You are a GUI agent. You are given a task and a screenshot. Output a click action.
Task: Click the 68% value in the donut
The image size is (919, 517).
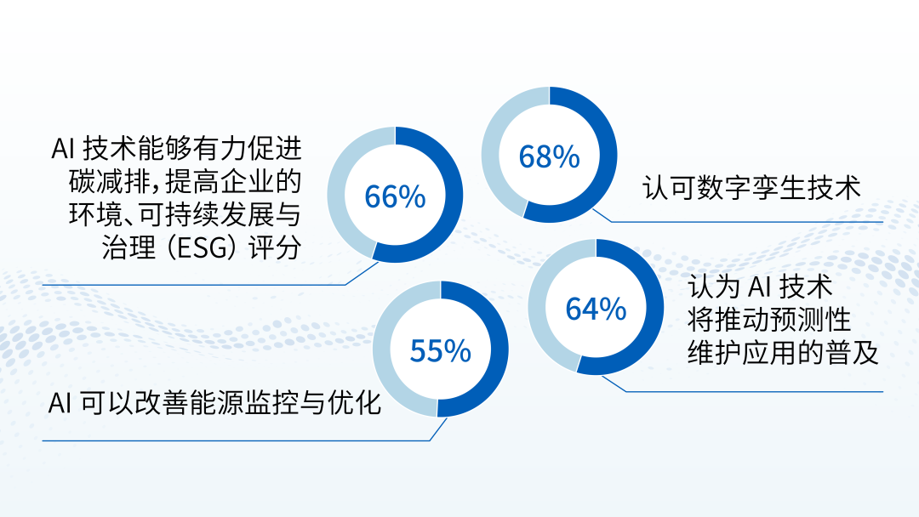point(549,157)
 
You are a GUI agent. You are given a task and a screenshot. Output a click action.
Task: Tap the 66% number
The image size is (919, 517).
point(395,196)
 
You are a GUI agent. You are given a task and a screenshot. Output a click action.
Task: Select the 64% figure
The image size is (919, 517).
point(596,310)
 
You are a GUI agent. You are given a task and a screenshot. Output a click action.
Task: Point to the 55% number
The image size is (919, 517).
point(440,351)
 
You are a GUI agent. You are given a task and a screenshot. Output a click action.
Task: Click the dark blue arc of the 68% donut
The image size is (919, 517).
point(608,155)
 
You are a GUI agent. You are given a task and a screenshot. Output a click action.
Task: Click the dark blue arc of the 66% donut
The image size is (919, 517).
point(454,195)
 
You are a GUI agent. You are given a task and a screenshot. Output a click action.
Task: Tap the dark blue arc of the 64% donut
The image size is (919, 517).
point(654,307)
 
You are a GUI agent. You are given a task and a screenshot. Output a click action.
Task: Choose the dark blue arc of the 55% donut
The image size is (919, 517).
point(499,349)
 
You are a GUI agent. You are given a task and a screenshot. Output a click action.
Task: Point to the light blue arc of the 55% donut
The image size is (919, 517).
point(382,349)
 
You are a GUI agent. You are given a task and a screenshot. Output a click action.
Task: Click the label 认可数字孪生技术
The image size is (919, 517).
point(752,188)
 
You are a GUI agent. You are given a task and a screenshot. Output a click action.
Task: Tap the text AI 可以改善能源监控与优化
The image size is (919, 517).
point(214,403)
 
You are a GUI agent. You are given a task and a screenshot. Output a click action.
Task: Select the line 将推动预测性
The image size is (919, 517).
point(769,320)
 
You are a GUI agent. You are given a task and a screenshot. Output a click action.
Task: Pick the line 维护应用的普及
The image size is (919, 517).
point(783,353)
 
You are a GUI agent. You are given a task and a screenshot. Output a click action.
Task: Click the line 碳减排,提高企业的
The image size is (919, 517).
point(186,181)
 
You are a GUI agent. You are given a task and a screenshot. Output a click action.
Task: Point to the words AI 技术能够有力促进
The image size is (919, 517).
point(176,149)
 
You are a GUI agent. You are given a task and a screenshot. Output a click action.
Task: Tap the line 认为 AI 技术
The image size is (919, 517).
point(760,287)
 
